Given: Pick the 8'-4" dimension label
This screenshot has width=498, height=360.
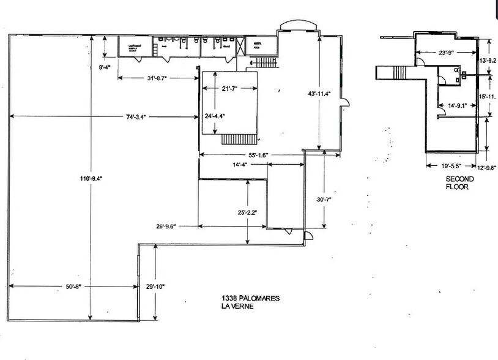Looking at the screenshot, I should pyautogui.click(x=105, y=69).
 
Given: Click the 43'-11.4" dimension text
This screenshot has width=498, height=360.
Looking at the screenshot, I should pyautogui.click(x=319, y=94).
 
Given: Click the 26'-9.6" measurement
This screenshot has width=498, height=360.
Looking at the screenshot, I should pyautogui.click(x=166, y=226).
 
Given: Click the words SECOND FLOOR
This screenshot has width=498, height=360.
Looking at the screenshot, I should pyautogui.click(x=457, y=183).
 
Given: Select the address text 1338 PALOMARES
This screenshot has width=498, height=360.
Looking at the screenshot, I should pyautogui.click(x=251, y=298).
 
